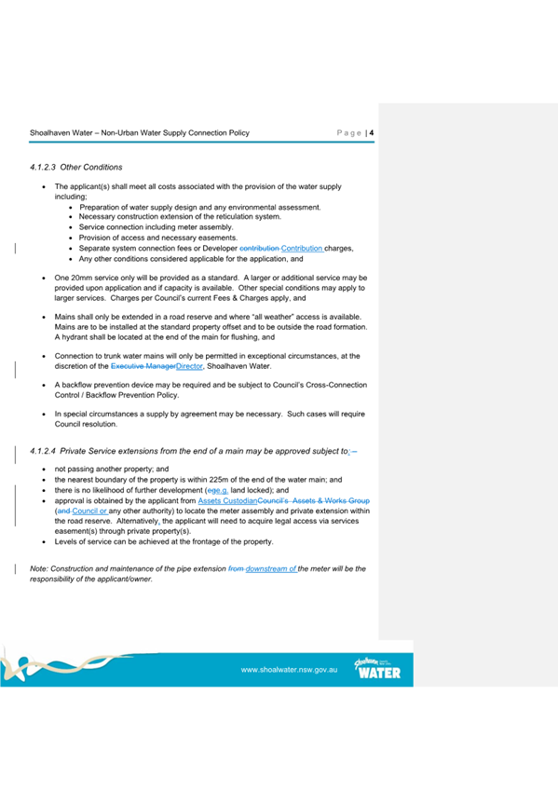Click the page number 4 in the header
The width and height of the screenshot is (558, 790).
[372, 132]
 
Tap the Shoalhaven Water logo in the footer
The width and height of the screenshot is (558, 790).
[377, 668]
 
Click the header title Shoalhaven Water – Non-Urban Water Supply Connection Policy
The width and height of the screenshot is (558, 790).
[140, 132]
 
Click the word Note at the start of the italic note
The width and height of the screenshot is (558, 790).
[38, 567]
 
